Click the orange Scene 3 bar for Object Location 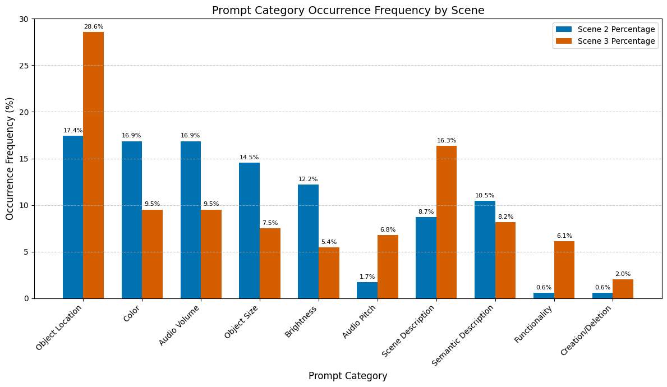pos(93,165)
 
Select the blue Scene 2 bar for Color pos(132,220)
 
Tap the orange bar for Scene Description pos(447,222)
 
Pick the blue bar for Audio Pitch pos(367,290)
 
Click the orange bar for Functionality pos(564,270)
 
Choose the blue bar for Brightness pos(308,241)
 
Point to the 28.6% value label pos(94,27)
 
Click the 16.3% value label pos(447,141)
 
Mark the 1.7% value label pos(367,277)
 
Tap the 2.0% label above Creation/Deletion pos(623,274)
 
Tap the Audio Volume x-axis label pos(180,325)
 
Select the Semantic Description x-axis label pos(463,335)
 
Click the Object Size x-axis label pos(242,322)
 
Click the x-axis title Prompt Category pos(348,376)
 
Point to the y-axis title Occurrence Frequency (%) pos(10,159)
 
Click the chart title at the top pos(348,10)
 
